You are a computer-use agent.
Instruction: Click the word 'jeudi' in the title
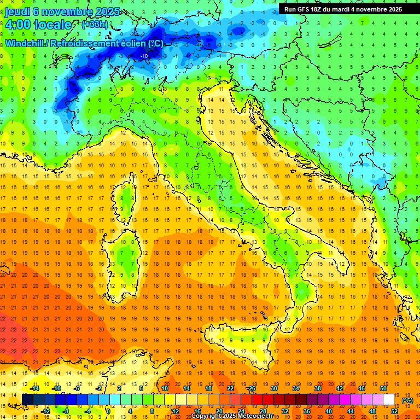17,11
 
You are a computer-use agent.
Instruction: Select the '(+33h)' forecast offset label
95,25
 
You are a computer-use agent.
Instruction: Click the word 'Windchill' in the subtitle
25,43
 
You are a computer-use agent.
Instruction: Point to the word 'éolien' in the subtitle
134,43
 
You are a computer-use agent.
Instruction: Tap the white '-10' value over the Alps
144,56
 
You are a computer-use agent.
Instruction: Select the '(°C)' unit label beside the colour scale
407,400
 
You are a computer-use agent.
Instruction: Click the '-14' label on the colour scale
34,388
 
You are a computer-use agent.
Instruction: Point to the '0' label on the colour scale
108,411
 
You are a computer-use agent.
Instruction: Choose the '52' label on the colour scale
395,411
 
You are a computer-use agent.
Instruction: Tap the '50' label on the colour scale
383,388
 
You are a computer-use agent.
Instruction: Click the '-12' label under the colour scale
45,411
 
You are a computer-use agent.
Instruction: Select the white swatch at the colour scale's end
389,399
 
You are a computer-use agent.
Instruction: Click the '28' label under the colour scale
262,411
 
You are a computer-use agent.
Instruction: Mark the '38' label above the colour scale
317,388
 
